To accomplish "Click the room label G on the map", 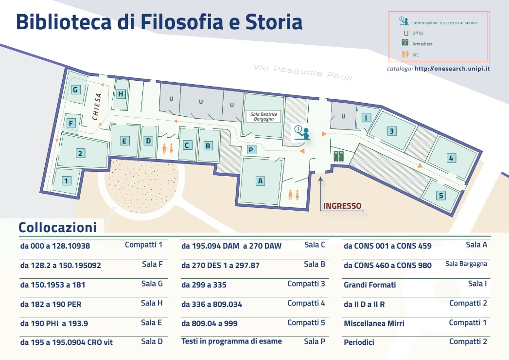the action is pyautogui.click(x=76, y=90).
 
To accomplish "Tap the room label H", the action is pyautogui.click(x=121, y=94).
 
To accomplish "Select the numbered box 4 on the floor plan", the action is pyautogui.click(x=451, y=158).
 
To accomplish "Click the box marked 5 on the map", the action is pyautogui.click(x=441, y=196).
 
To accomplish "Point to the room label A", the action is pyautogui.click(x=260, y=181).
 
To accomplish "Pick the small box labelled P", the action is pyautogui.click(x=251, y=150).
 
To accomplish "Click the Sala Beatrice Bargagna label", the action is pyautogui.click(x=263, y=117).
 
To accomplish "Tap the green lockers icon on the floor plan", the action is pyautogui.click(x=339, y=156).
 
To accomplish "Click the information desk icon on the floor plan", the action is pyautogui.click(x=302, y=133).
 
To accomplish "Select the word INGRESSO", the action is pyautogui.click(x=342, y=206).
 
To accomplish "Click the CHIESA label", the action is pyautogui.click(x=96, y=107).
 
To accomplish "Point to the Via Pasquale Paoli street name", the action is pyautogui.click(x=303, y=72).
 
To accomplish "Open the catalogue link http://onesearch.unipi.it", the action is pyautogui.click(x=452, y=69).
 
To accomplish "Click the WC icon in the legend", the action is pyautogui.click(x=405, y=54).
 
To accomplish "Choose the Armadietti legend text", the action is pyautogui.click(x=422, y=44).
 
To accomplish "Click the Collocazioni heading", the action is pyautogui.click(x=57, y=228).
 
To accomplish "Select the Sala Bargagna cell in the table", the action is pyautogui.click(x=466, y=264).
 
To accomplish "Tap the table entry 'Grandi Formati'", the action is pyautogui.click(x=370, y=285).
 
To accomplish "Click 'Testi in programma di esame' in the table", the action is pyautogui.click(x=231, y=342).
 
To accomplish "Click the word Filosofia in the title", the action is pyautogui.click(x=182, y=22).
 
